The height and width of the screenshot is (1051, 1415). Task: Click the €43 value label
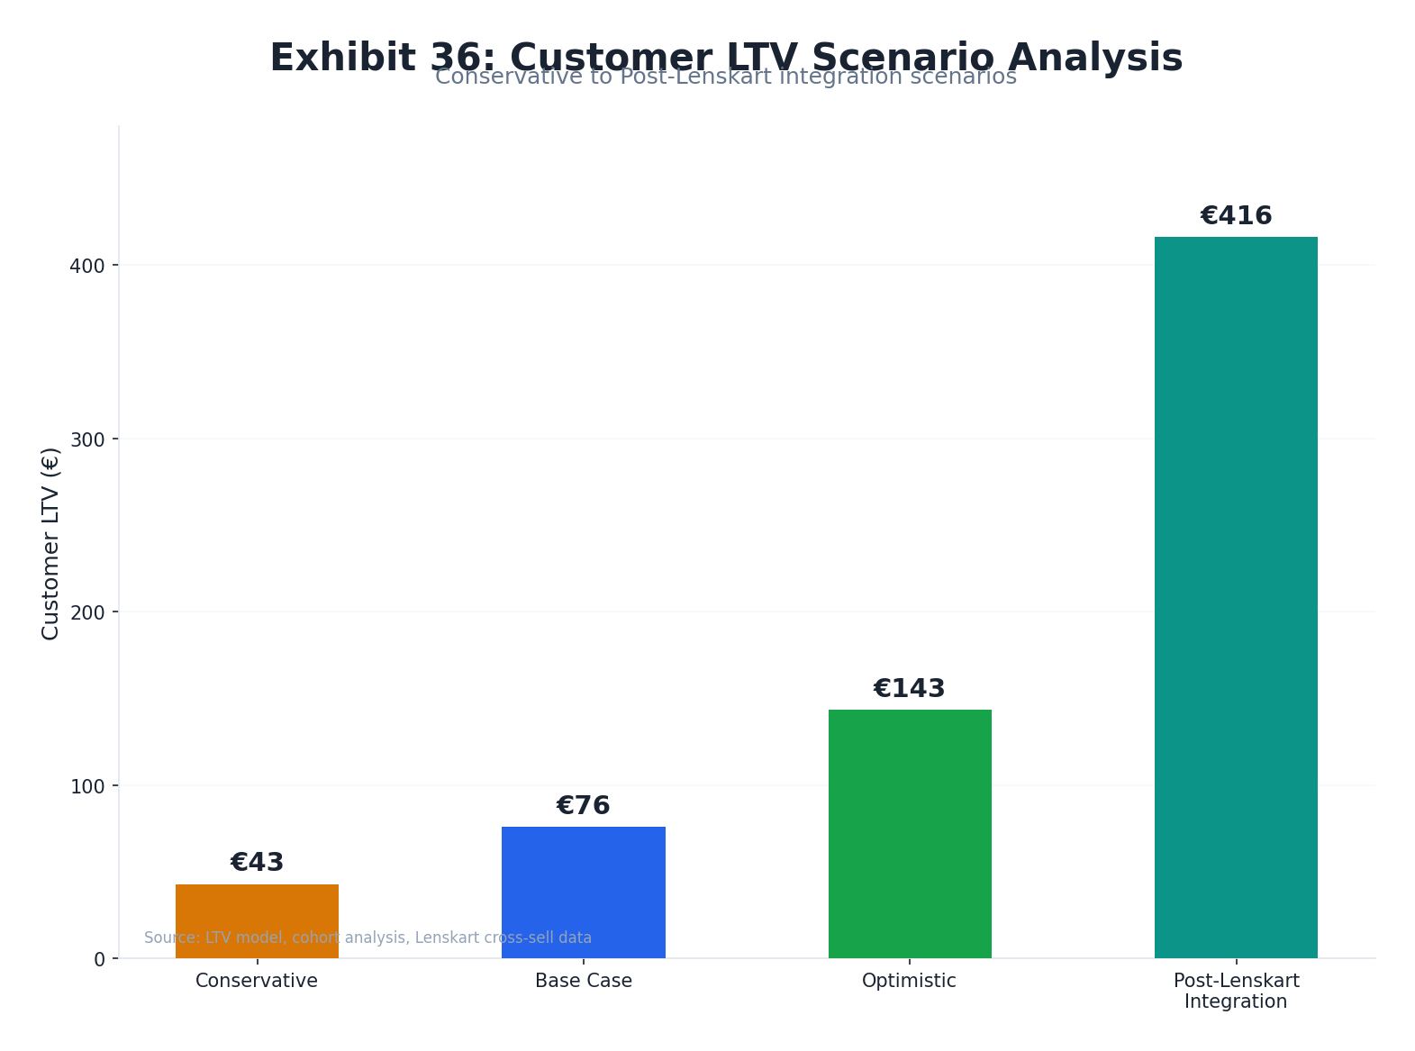(257, 863)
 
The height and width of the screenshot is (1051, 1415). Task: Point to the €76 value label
(583, 806)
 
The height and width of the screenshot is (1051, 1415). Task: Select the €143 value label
(910, 689)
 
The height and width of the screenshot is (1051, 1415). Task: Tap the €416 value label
(1236, 216)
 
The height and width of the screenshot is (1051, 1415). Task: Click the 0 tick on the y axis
(99, 959)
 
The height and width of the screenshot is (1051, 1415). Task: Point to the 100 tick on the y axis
(87, 786)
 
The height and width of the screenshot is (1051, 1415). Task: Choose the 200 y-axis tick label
(87, 612)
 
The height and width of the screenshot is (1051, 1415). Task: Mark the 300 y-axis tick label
(87, 439)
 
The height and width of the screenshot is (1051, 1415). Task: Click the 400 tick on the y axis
(87, 266)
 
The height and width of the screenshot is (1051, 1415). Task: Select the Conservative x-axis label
(257, 981)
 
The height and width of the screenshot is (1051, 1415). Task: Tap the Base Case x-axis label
(583, 981)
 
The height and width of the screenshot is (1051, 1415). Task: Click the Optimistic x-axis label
(910, 981)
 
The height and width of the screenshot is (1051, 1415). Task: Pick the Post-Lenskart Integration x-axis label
(1236, 991)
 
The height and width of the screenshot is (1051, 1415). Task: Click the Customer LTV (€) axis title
(50, 543)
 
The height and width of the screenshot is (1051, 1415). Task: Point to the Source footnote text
(367, 938)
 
